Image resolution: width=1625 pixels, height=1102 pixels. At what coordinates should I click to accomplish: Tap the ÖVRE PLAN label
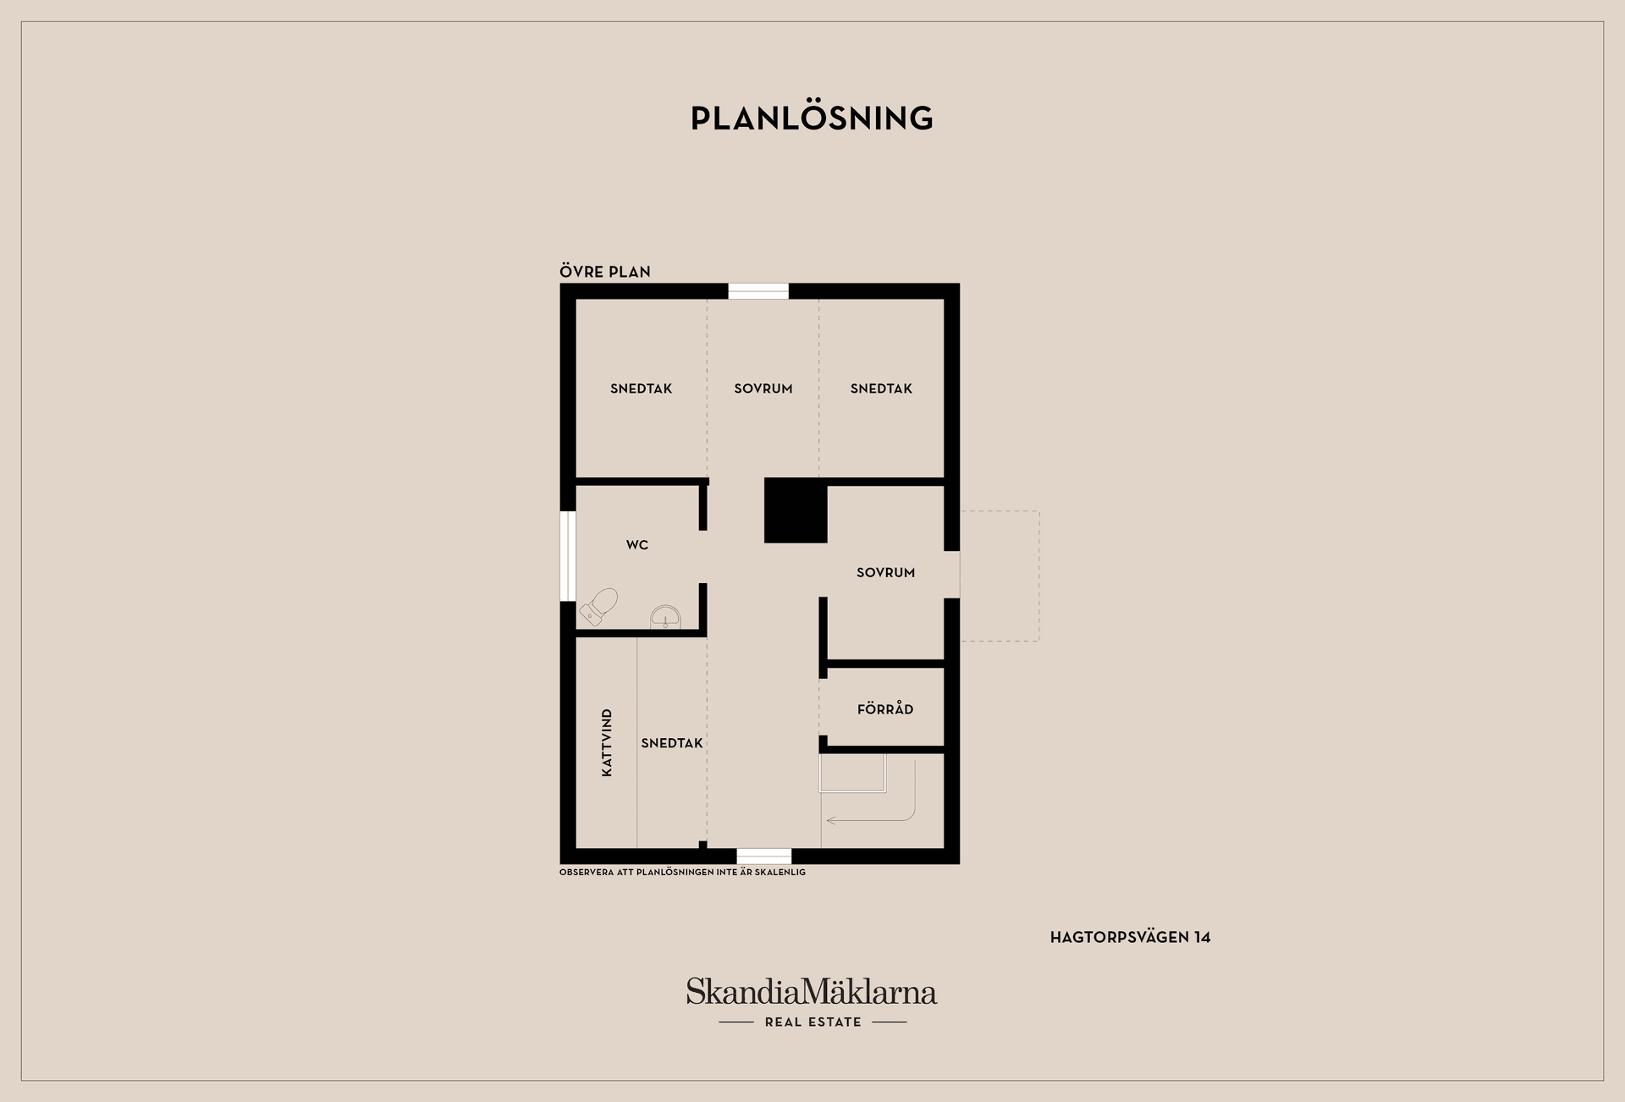(x=605, y=272)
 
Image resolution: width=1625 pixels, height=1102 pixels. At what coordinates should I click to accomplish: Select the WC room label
(x=637, y=545)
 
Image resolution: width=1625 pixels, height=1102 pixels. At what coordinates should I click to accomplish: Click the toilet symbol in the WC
(x=599, y=606)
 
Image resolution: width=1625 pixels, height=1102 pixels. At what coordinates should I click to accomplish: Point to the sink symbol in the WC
(x=665, y=617)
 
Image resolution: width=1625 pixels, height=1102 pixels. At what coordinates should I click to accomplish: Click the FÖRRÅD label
(x=885, y=708)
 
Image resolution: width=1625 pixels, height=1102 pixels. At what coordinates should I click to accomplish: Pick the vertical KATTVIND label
(x=607, y=743)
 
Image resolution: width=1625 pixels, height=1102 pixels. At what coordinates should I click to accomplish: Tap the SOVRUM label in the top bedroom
(x=763, y=388)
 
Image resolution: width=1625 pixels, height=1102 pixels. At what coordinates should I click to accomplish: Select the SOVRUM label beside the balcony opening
(x=885, y=572)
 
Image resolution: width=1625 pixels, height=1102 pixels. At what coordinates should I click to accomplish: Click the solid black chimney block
(x=796, y=510)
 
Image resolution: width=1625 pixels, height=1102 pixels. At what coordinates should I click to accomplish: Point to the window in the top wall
(x=758, y=291)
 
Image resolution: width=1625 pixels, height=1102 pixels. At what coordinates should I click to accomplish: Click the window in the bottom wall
(x=764, y=856)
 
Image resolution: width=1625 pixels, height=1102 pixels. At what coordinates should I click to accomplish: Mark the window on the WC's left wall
(x=568, y=556)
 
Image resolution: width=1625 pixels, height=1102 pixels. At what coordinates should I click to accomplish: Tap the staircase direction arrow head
(x=831, y=820)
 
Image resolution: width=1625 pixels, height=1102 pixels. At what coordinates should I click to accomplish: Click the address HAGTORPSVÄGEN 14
(x=1130, y=937)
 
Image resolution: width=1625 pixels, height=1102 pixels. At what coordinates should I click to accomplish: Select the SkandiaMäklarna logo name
(x=812, y=991)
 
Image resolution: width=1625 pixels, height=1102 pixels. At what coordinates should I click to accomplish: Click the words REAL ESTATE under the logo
(x=812, y=1022)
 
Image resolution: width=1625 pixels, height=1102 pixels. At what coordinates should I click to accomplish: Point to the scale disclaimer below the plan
(x=682, y=872)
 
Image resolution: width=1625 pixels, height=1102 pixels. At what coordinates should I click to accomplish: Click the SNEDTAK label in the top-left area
(x=641, y=388)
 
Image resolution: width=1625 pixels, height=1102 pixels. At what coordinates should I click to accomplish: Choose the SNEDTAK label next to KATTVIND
(x=672, y=743)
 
